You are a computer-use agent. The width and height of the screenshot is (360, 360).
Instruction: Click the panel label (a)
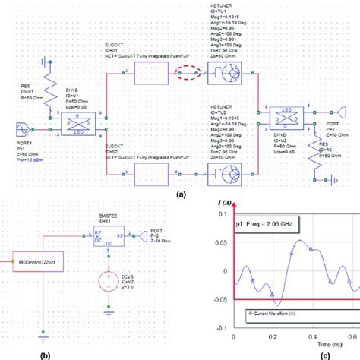point(181,194)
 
